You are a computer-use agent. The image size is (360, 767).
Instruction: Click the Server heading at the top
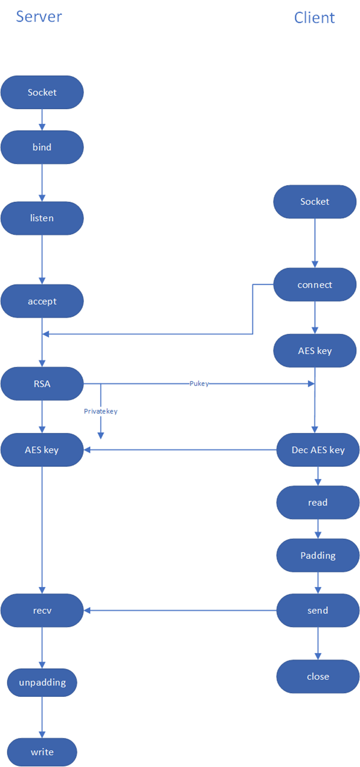[39, 16]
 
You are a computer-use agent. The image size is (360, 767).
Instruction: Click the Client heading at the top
[314, 17]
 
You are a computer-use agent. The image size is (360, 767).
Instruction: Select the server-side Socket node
[42, 92]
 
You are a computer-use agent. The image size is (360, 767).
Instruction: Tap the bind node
[42, 147]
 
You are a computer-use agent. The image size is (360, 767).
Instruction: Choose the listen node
[42, 219]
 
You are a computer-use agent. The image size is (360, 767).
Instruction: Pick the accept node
[42, 301]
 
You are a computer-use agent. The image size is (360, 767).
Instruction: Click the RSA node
[42, 384]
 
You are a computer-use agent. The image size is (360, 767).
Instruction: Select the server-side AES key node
[42, 450]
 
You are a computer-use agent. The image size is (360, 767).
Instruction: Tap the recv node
[42, 610]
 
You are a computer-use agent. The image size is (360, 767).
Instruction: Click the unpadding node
[42, 682]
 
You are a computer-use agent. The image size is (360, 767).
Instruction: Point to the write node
[42, 752]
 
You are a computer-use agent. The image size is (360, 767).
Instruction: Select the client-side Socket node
[315, 202]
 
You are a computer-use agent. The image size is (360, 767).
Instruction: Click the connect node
[315, 285]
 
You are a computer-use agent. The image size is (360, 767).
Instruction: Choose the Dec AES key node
[318, 450]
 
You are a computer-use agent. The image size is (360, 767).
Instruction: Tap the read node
[318, 502]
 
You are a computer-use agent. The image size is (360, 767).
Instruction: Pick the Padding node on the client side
[318, 556]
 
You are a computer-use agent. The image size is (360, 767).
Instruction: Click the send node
[318, 610]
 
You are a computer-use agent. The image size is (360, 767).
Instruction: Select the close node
[318, 677]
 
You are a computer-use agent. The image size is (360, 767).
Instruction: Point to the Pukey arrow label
[199, 384]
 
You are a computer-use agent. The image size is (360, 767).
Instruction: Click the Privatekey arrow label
[101, 411]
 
